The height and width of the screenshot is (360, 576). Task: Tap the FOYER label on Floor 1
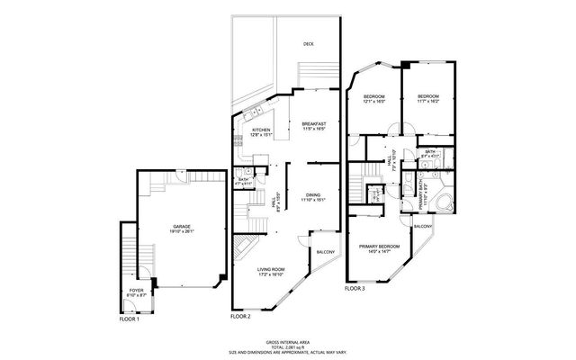tap(136, 291)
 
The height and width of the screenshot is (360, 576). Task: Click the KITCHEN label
tap(261, 130)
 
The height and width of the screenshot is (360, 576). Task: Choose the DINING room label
tap(312, 194)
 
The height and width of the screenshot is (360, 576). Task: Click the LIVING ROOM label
tap(271, 269)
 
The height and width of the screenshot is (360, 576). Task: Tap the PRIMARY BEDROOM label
tap(379, 247)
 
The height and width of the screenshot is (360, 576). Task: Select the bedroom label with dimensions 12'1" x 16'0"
tap(373, 96)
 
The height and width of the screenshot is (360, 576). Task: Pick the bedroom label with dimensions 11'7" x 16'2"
tap(427, 96)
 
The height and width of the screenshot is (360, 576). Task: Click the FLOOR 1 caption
tap(130, 319)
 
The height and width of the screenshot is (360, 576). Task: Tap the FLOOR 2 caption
tap(240, 317)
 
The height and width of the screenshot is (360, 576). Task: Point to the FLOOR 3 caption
tap(355, 289)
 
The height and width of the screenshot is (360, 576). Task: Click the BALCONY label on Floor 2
tap(324, 251)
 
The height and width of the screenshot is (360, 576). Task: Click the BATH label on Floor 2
tap(243, 179)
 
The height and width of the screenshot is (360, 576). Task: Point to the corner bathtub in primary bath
tap(443, 201)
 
